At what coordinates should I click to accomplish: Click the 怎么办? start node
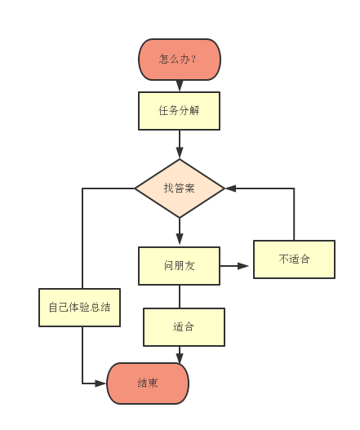[x=179, y=60]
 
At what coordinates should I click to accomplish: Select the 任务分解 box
[x=179, y=111]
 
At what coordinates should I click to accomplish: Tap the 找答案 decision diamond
[x=179, y=188]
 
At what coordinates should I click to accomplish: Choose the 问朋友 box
[x=179, y=266]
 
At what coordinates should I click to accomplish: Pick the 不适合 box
[x=294, y=259]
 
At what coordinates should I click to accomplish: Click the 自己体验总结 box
[x=79, y=308]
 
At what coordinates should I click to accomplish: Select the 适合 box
[x=184, y=327]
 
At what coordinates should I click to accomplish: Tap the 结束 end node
[x=148, y=383]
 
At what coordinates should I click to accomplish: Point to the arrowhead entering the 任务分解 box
[x=180, y=86]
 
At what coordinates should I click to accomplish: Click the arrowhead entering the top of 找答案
[x=180, y=153]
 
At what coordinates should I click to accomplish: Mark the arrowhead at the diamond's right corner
[x=229, y=188]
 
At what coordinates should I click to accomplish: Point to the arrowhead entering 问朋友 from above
[x=180, y=242]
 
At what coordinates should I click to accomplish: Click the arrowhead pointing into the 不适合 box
[x=246, y=266]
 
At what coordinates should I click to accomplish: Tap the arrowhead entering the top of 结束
[x=180, y=357]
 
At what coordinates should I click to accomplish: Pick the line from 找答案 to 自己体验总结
[x=82, y=237]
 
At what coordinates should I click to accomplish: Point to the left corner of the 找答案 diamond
[x=136, y=188]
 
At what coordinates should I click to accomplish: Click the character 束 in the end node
[x=153, y=383]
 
